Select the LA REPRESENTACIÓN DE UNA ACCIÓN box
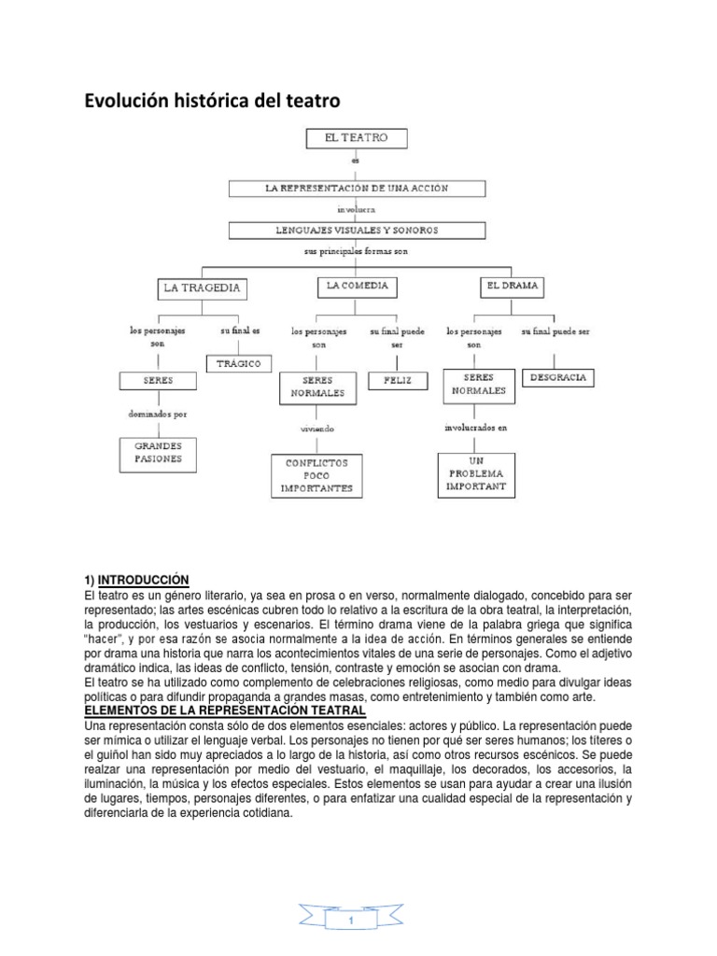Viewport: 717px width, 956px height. tap(358, 189)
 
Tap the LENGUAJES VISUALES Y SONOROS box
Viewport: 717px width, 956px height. tap(358, 230)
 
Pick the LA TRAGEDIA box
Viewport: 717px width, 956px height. tap(202, 288)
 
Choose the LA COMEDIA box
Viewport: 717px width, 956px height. tap(357, 286)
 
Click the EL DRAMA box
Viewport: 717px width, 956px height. tap(512, 286)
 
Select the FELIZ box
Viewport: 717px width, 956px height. tap(397, 380)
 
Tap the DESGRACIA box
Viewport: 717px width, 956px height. tap(557, 378)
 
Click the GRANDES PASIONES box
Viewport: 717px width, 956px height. tap(157, 453)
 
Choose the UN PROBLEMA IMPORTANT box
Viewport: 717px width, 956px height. tap(476, 473)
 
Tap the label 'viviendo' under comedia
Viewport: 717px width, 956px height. tap(317, 429)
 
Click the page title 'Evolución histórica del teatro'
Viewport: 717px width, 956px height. tap(207, 100)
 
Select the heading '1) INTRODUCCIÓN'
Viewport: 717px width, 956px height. tap(136, 580)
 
